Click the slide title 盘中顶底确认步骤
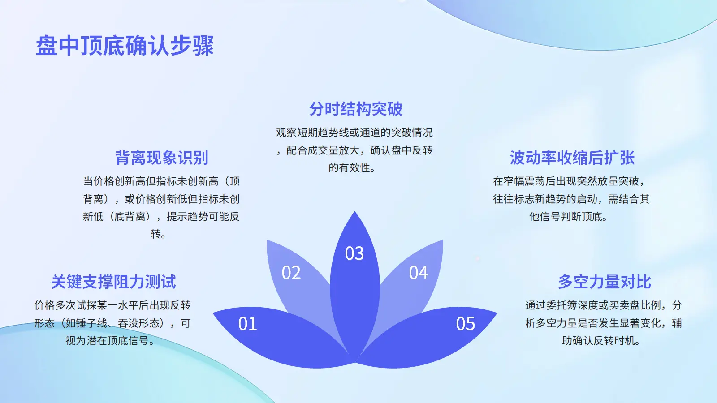(x=125, y=46)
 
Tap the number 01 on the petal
(x=247, y=323)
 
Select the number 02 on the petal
(x=291, y=273)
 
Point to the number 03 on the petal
(x=354, y=253)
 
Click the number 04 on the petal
(x=419, y=273)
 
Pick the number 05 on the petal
(x=466, y=323)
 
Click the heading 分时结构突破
(x=355, y=109)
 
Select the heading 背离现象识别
(x=162, y=158)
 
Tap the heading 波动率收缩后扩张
(x=572, y=158)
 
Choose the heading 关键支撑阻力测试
(x=113, y=282)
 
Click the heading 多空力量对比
(x=605, y=282)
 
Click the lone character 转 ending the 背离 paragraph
(x=155, y=234)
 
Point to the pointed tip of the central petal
(x=354, y=211)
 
